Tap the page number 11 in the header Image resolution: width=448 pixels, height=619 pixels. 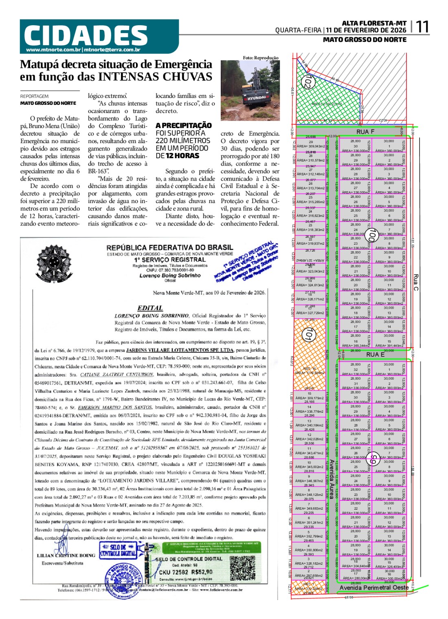(422, 27)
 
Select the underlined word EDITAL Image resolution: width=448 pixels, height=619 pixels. (150, 308)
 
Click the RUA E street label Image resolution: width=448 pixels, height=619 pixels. (375, 354)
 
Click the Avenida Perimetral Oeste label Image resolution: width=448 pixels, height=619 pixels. (373, 588)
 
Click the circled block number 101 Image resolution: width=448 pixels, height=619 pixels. (308, 335)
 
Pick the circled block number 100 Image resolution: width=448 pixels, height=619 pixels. (371, 235)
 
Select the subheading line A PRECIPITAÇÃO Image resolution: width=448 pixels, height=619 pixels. (183, 125)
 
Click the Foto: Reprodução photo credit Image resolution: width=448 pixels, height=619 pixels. (261, 57)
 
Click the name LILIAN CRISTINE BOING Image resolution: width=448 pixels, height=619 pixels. (66, 555)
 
